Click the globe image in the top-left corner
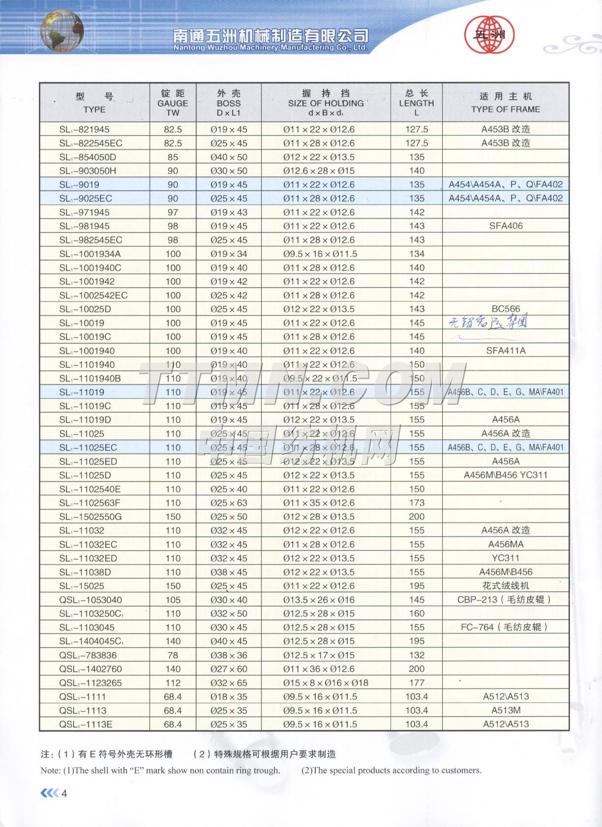(x=61, y=31)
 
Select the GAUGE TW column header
(x=173, y=103)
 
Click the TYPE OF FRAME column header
(x=505, y=103)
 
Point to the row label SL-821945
(x=84, y=129)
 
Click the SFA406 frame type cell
(x=506, y=226)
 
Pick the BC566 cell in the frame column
(x=506, y=309)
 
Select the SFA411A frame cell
(x=506, y=351)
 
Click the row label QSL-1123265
(x=90, y=683)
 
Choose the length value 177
(x=417, y=683)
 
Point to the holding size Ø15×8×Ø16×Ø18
(x=326, y=683)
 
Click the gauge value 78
(x=173, y=655)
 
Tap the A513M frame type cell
(x=506, y=710)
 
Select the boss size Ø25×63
(x=229, y=503)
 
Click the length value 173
(x=417, y=503)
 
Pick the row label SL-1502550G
(x=90, y=517)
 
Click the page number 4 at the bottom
(x=63, y=794)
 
